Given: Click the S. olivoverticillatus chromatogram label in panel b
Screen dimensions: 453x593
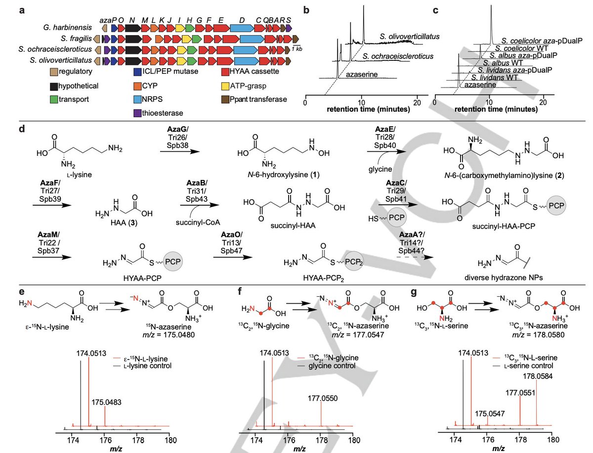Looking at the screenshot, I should coord(410,36).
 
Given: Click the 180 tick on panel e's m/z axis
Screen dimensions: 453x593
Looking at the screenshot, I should coord(170,438).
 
